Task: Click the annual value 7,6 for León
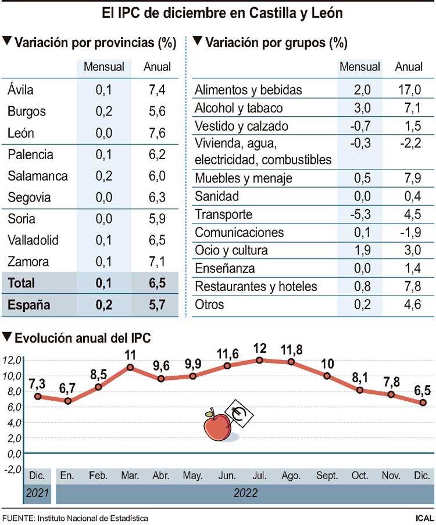click(157, 133)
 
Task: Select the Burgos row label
click(27, 112)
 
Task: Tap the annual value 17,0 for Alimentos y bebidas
click(409, 90)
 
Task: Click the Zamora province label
click(29, 261)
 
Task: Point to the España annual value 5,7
click(157, 304)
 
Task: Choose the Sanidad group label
click(217, 196)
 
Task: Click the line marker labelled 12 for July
click(259, 360)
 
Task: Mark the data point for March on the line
click(130, 367)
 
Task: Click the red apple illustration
click(217, 427)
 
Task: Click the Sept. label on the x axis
click(327, 476)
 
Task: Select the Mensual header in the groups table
click(360, 67)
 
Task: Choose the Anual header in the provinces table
click(157, 67)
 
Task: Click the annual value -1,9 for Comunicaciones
click(409, 232)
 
